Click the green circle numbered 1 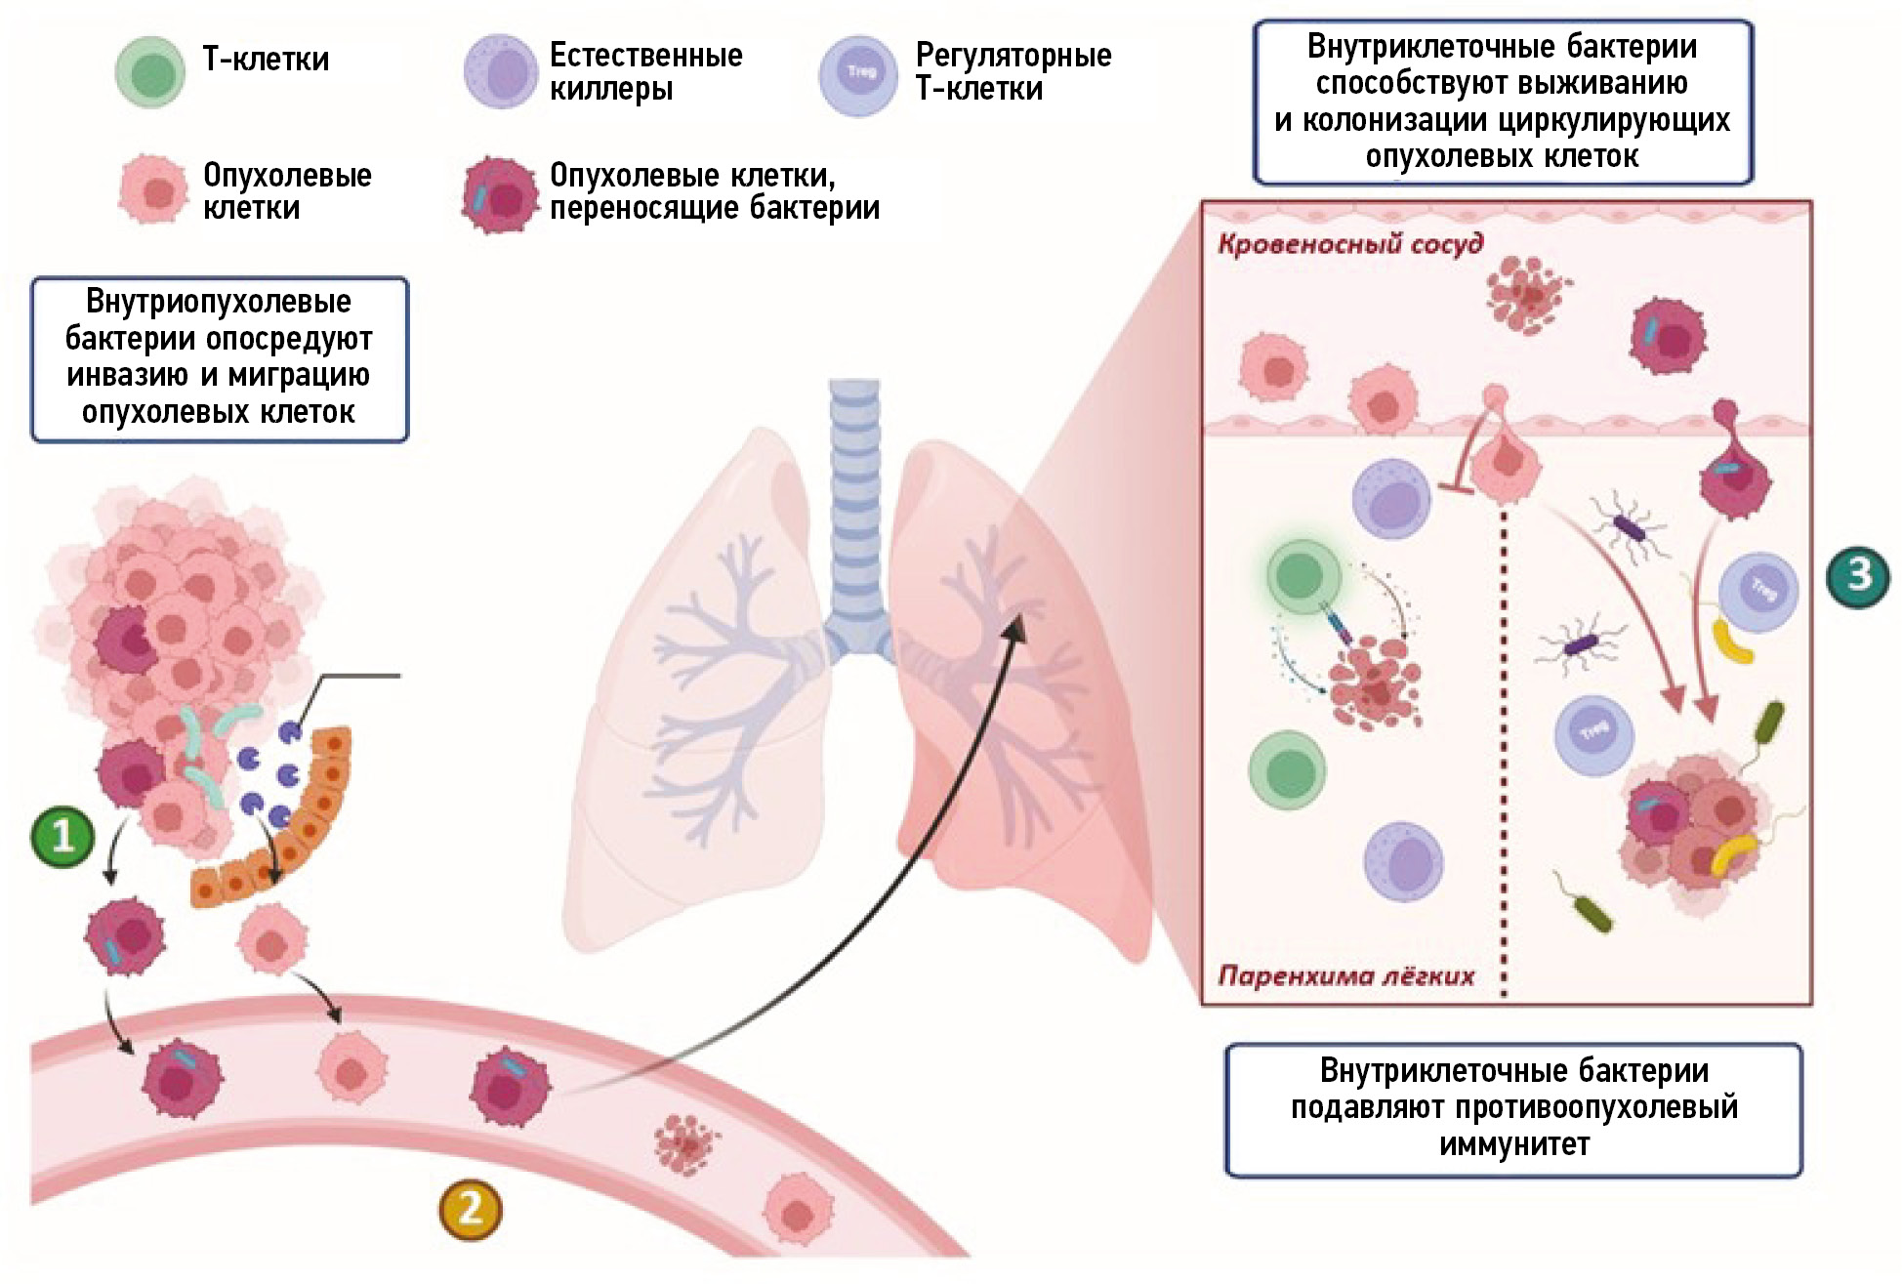[63, 836]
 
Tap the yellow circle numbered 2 [470, 1209]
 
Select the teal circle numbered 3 [1858, 575]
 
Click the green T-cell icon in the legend [150, 72]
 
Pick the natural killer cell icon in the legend [501, 72]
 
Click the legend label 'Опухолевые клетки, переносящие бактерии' [714, 191]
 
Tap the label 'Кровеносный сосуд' [1350, 244]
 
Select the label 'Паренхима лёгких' [1346, 975]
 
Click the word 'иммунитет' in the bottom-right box [1514, 1144]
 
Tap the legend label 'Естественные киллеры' [645, 71]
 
